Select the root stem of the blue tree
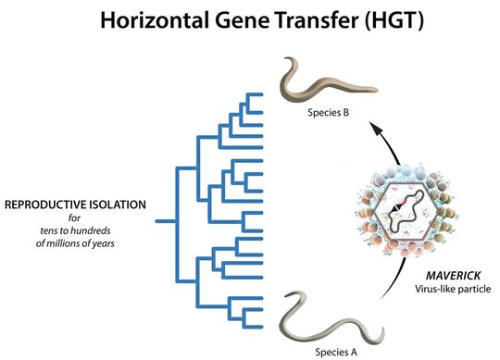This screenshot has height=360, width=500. [x=166, y=221]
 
